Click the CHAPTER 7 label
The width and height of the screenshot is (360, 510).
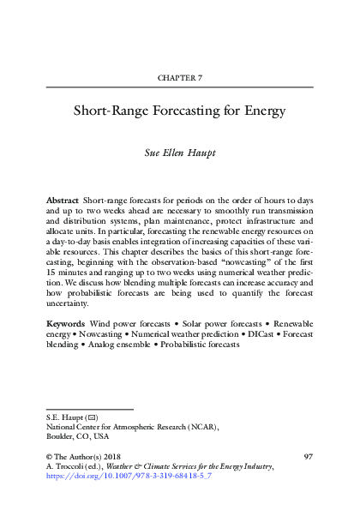180,78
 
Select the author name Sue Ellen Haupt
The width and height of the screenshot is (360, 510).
180,155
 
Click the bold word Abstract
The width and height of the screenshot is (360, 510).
63,198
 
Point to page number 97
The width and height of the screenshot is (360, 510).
308,456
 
